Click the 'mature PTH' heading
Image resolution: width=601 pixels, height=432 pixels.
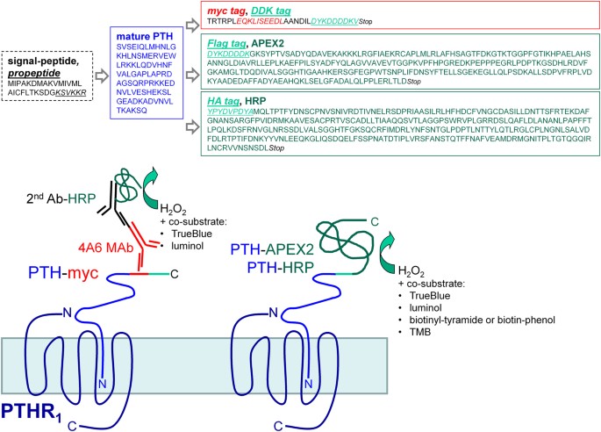(x=142, y=33)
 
